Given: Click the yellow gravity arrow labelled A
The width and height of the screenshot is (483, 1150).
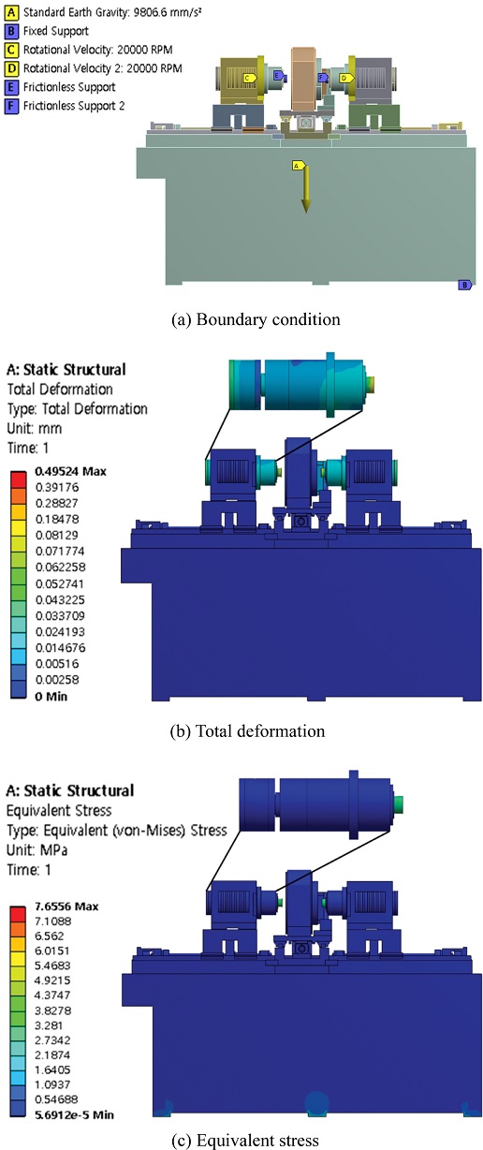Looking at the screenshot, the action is [305, 190].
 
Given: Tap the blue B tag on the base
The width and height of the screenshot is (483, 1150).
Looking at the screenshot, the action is [464, 285].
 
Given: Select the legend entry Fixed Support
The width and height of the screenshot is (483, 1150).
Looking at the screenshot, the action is [55, 31].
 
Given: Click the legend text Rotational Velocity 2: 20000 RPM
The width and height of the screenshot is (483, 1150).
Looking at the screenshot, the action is [103, 68].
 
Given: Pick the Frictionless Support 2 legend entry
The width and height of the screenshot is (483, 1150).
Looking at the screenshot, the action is [74, 106].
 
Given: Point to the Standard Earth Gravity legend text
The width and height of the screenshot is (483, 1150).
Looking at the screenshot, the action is [112, 12].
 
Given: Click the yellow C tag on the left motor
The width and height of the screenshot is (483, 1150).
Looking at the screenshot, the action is [249, 78].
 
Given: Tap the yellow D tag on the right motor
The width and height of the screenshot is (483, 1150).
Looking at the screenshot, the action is [346, 78].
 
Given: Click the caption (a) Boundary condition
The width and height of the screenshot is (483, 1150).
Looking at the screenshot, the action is [256, 319].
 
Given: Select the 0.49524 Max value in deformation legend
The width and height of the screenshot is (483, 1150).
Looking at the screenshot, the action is [71, 471].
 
